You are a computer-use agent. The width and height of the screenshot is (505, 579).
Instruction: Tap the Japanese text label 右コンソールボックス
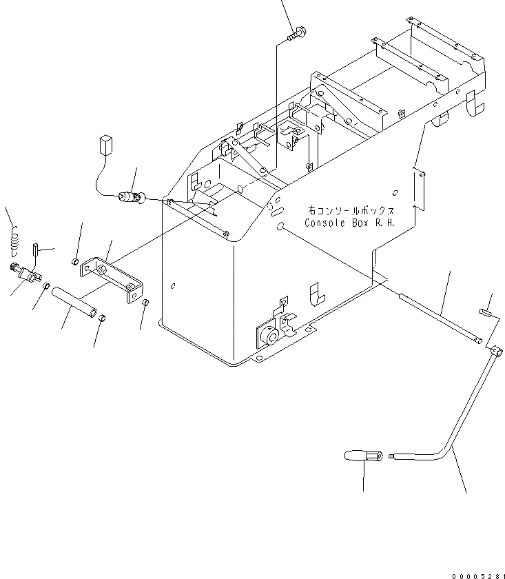click(349, 212)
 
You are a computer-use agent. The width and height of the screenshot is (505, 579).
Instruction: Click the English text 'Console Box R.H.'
click(349, 223)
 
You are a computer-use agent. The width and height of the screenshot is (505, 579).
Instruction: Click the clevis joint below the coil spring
click(29, 274)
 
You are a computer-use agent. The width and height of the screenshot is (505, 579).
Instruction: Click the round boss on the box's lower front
click(269, 337)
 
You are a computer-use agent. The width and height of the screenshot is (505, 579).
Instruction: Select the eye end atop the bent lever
click(493, 352)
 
